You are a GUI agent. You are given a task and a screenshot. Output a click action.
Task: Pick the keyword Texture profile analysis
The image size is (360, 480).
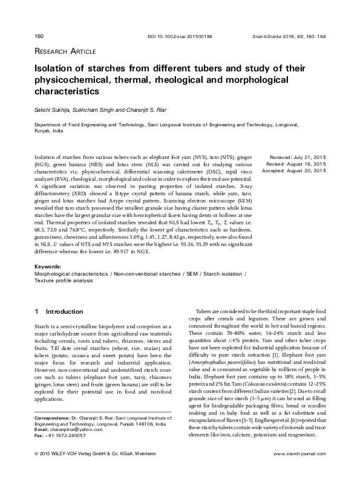64,281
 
